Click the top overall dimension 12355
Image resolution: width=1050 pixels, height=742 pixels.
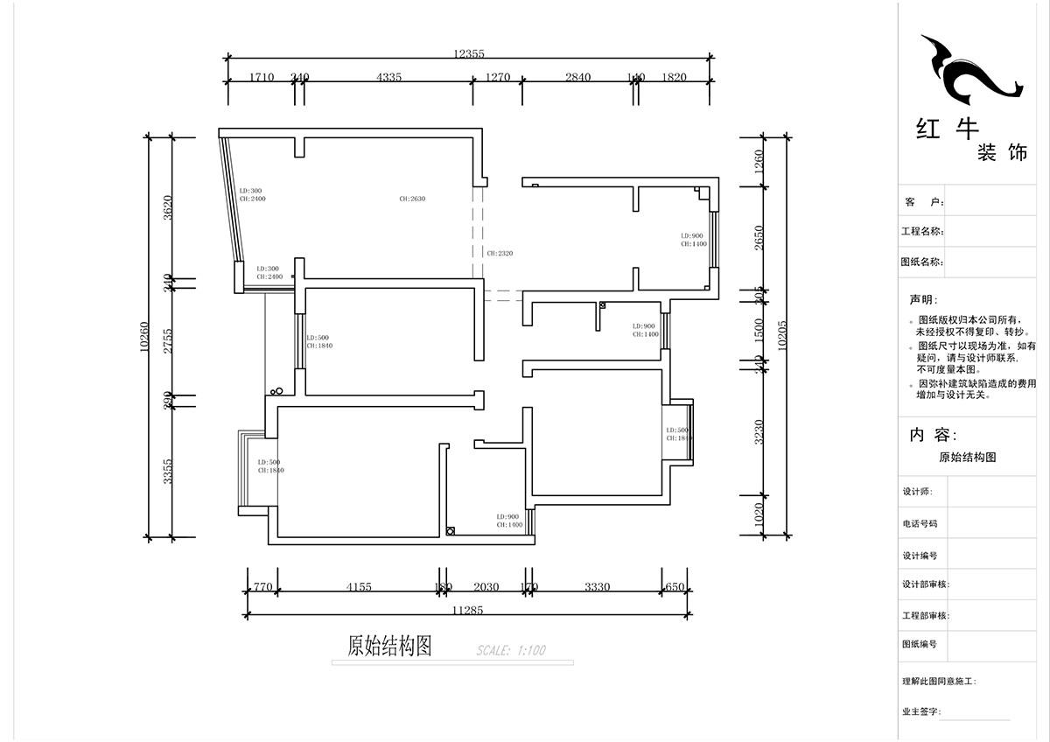(468, 54)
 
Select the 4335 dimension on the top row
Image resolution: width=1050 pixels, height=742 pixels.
(388, 77)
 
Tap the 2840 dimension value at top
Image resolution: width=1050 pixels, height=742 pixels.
(577, 77)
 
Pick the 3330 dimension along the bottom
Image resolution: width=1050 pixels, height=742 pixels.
(597, 587)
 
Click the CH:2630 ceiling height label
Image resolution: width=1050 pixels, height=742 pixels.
(412, 199)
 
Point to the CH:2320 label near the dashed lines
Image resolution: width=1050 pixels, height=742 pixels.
(500, 253)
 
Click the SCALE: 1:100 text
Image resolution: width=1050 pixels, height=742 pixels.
(511, 650)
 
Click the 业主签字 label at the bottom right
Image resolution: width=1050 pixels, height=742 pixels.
(920, 711)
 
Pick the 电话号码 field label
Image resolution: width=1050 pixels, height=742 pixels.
(920, 523)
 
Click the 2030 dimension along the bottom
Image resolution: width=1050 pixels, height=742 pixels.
(486, 587)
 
